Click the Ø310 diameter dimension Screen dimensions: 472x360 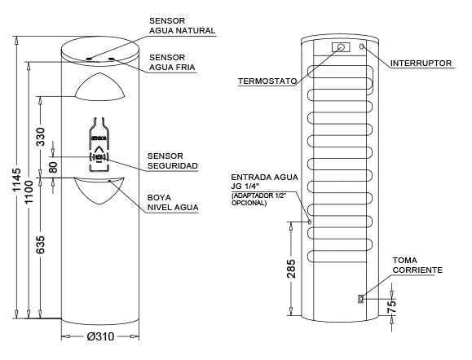(100, 336)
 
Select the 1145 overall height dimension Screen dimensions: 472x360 (16, 179)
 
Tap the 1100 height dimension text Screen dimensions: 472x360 (29, 191)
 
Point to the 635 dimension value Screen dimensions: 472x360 (41, 244)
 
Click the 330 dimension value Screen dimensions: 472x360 (41, 137)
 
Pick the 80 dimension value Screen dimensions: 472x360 (53, 167)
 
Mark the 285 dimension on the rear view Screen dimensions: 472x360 (291, 268)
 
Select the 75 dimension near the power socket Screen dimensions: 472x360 (391, 307)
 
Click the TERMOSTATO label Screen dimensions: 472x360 (267, 81)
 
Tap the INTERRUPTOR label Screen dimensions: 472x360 (421, 64)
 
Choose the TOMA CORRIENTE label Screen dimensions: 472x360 (417, 265)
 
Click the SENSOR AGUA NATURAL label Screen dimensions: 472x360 (182, 25)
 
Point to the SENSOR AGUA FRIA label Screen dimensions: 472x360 (172, 62)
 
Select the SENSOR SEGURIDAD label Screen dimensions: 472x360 (173, 161)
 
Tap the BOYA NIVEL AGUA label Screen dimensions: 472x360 (173, 203)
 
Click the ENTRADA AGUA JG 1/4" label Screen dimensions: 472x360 (264, 182)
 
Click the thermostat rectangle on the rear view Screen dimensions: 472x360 (341, 47)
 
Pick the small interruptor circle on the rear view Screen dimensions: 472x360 (362, 46)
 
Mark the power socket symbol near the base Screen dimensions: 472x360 (360, 299)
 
